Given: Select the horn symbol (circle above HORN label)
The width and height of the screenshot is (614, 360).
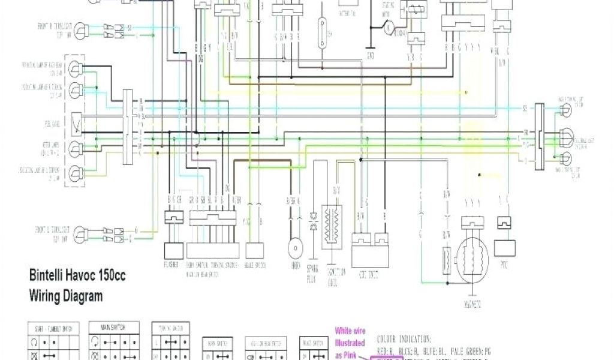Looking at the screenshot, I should click(x=294, y=248).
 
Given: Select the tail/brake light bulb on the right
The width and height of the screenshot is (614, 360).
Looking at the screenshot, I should click(x=565, y=136).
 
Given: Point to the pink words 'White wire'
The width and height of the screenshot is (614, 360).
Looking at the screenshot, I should click(x=350, y=329).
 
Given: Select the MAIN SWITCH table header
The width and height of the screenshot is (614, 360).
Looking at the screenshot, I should click(x=114, y=328).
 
